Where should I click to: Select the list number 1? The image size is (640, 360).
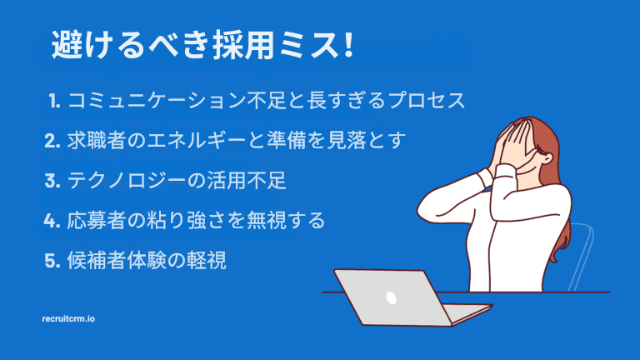click(54, 102)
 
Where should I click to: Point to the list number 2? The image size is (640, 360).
click(52, 141)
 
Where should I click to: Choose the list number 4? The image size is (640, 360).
click(52, 221)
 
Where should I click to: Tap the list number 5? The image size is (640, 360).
click(52, 260)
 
